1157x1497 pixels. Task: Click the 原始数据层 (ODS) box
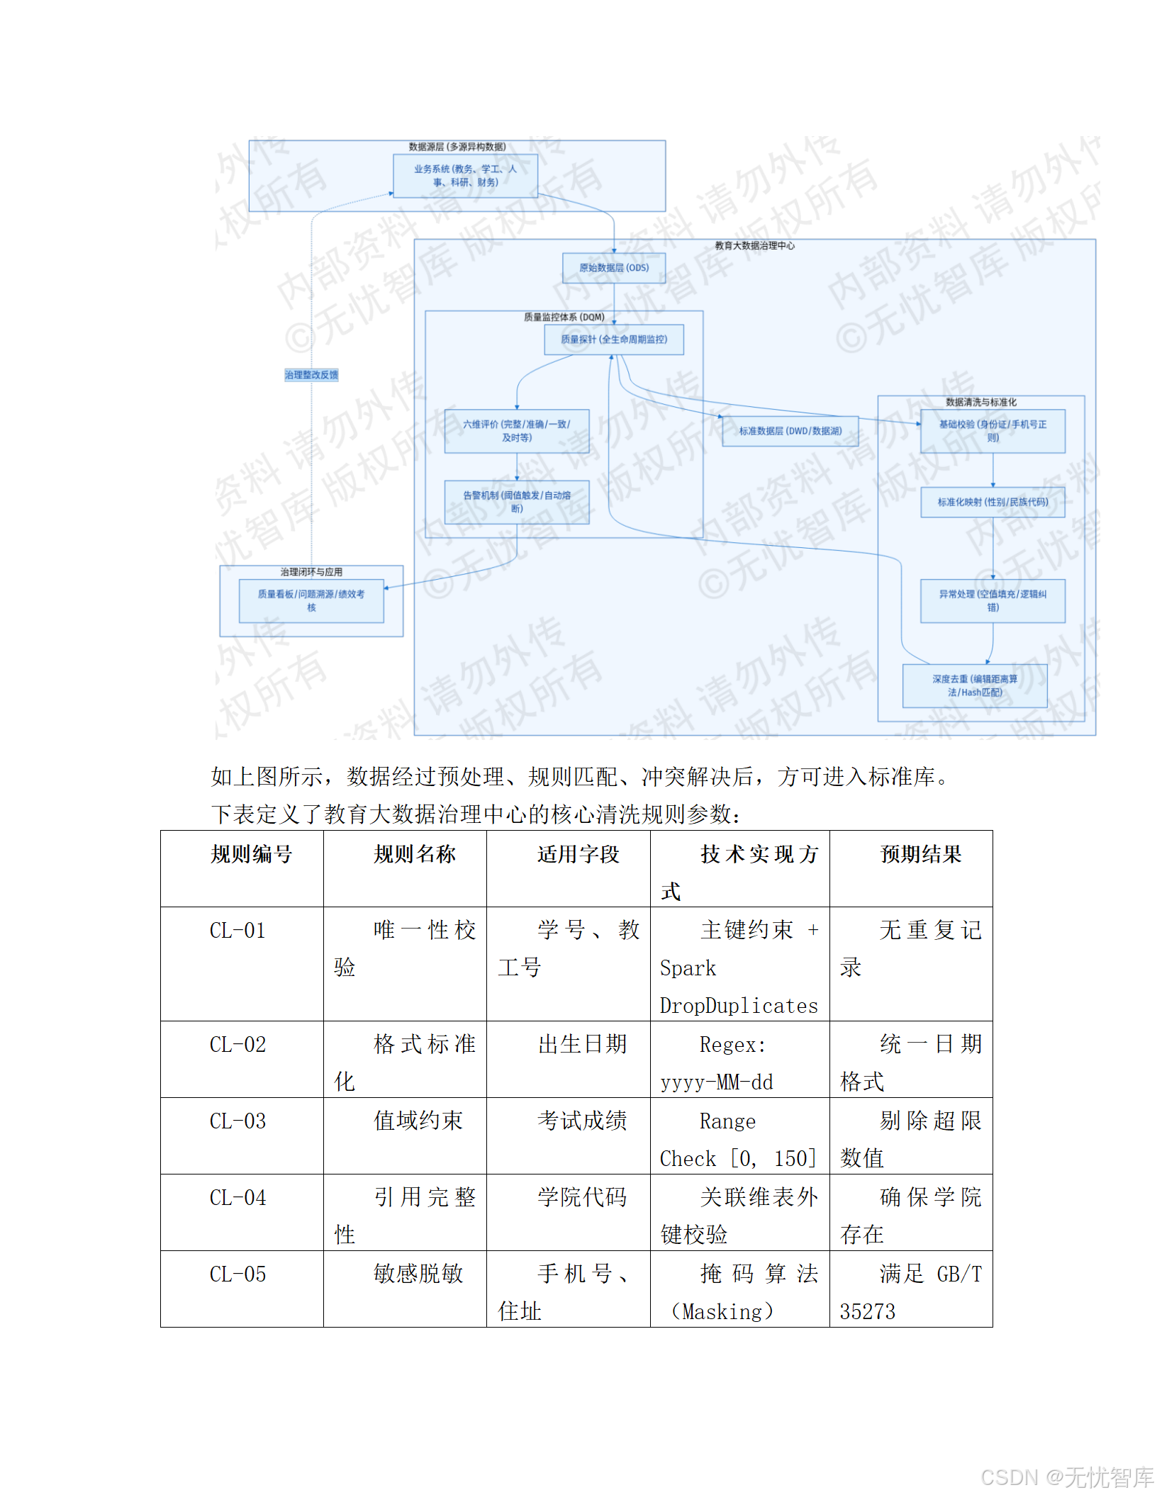tap(613, 268)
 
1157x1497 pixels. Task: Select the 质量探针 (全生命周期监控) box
tap(613, 340)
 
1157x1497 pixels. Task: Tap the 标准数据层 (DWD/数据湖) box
tap(790, 431)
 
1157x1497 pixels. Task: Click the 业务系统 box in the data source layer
tap(465, 176)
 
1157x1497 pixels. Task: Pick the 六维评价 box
tap(516, 431)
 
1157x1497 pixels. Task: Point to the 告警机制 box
tap(516, 502)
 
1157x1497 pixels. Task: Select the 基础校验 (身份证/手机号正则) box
tap(992, 431)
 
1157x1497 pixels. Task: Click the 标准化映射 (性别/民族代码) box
tap(992, 502)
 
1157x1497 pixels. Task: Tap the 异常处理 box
tap(992, 600)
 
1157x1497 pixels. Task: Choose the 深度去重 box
tap(974, 685)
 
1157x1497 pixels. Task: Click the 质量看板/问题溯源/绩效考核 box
tap(311, 600)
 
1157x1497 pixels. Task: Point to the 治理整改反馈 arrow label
tap(311, 375)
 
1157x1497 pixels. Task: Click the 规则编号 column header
tap(251, 854)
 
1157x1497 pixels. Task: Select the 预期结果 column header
tap(920, 854)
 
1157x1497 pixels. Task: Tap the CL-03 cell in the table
tap(237, 1121)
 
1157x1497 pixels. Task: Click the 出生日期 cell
tap(582, 1044)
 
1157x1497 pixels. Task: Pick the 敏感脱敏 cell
tap(418, 1274)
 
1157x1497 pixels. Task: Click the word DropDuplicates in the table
tap(738, 1006)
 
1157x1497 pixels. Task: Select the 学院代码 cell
tap(582, 1197)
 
